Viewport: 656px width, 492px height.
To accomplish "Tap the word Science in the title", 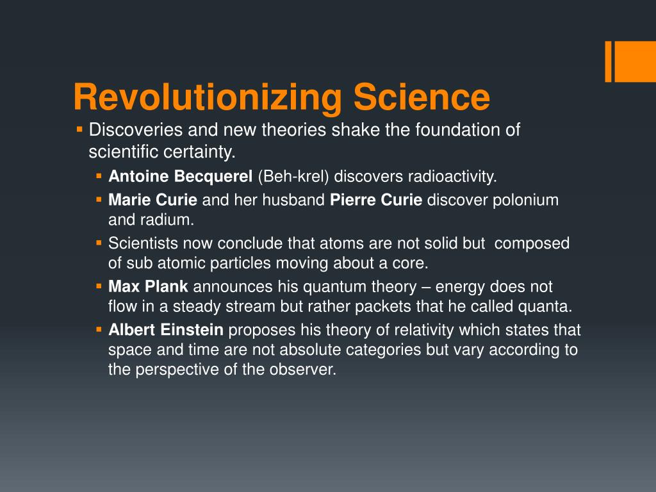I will [421, 98].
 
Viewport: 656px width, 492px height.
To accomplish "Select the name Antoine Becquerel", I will [181, 176].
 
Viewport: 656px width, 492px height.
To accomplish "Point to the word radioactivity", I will [452, 176].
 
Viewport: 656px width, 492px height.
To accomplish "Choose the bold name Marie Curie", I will [152, 200].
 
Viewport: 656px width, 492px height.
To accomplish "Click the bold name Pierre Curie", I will [376, 200].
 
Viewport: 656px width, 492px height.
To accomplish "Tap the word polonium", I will [525, 200].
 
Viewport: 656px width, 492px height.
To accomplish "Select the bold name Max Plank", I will [148, 286].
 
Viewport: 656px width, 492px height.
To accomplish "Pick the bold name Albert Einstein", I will [166, 330].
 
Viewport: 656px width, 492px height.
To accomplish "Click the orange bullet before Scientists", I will [99, 243].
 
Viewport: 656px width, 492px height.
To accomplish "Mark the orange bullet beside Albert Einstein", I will [99, 329].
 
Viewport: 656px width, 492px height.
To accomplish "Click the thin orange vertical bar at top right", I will [609, 62].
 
